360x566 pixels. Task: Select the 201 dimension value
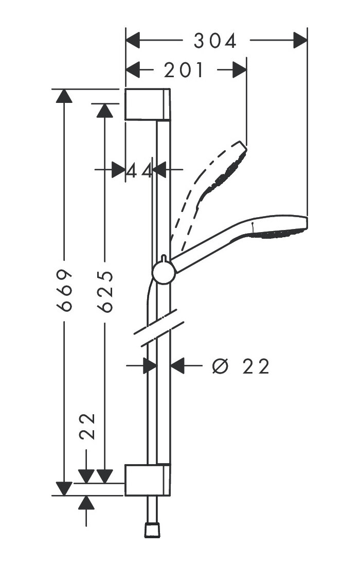click(x=184, y=70)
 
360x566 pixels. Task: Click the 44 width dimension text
click(x=139, y=170)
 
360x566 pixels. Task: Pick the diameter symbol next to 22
click(x=220, y=366)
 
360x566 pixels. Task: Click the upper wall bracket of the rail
click(x=147, y=104)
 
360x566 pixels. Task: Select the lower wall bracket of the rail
click(x=147, y=480)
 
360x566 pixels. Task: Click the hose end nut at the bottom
click(x=152, y=529)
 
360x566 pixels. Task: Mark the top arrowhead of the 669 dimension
click(x=64, y=97)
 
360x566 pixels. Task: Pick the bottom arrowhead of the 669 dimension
click(x=64, y=488)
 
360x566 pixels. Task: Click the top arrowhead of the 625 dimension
click(x=105, y=110)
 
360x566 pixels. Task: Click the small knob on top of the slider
click(x=163, y=257)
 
